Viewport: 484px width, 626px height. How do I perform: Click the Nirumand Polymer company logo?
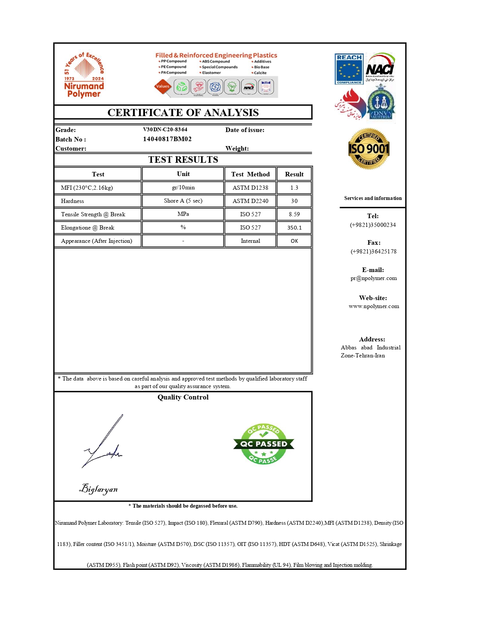84,75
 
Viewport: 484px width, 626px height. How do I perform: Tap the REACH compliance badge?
349,69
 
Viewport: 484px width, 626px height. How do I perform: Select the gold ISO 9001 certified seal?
369,149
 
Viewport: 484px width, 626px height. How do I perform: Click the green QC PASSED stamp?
263,444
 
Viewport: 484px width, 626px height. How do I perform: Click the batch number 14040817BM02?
167,139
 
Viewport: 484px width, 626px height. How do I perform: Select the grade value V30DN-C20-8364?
165,129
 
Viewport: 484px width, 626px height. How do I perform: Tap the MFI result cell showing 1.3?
294,188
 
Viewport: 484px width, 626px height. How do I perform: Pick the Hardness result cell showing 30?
294,201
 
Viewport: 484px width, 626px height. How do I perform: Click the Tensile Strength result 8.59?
294,214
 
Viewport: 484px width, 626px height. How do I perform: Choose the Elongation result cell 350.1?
294,228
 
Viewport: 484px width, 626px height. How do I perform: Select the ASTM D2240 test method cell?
251,201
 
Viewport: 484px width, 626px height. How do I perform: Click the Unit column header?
183,174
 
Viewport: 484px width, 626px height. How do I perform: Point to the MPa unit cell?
183,214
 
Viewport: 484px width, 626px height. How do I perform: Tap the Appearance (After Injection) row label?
96,241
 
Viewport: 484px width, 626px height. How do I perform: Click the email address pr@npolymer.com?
374,278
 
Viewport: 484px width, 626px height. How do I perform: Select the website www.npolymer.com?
374,306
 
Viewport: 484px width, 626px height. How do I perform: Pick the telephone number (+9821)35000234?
373,225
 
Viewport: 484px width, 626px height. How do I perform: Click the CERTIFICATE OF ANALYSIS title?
183,113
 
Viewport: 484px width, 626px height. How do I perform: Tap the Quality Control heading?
183,397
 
